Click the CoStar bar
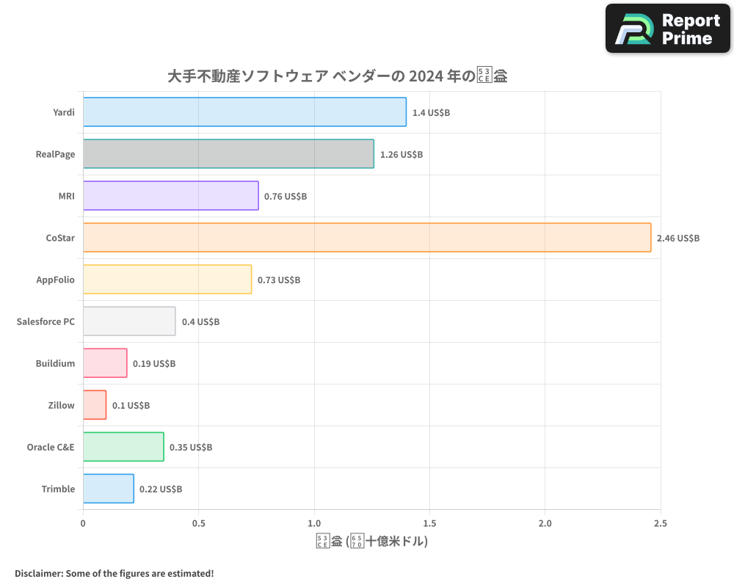click(367, 238)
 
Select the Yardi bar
click(244, 112)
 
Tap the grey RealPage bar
click(228, 154)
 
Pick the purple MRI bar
click(170, 196)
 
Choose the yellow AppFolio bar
click(167, 280)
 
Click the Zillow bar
click(95, 405)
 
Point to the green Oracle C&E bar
click(123, 447)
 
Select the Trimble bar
click(109, 489)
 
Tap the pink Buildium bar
click(105, 363)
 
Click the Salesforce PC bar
click(129, 321)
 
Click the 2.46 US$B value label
click(678, 238)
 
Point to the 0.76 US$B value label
click(286, 197)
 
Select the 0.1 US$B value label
click(131, 406)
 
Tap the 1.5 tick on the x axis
click(429, 523)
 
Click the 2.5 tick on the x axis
click(661, 523)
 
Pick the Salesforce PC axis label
click(46, 321)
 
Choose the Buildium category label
click(55, 363)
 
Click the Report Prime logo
click(668, 29)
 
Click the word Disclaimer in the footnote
click(38, 573)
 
